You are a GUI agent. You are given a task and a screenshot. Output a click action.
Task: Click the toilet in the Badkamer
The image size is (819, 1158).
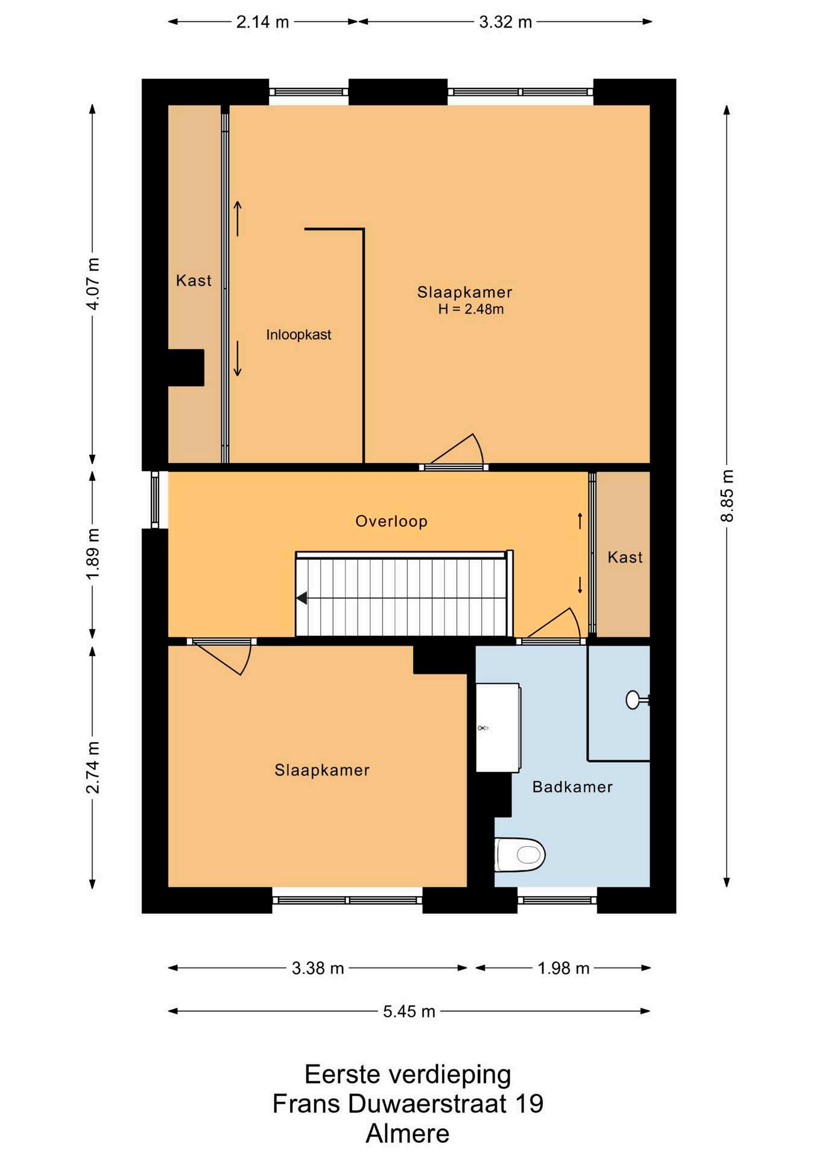(x=520, y=855)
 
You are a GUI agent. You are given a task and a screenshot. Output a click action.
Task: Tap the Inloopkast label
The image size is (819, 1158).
(x=299, y=335)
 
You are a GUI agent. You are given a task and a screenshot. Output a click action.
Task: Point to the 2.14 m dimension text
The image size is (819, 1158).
(x=262, y=22)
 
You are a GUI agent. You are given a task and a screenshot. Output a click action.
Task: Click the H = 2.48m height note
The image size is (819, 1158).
(x=471, y=309)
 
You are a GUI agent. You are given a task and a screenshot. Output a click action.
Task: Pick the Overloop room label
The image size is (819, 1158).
(x=391, y=521)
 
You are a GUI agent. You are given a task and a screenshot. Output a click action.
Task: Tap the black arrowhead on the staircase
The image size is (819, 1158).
(x=302, y=598)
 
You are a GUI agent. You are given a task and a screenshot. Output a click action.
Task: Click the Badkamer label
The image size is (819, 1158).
(x=572, y=786)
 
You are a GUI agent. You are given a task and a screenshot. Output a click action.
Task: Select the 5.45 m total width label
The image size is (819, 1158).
(x=409, y=1011)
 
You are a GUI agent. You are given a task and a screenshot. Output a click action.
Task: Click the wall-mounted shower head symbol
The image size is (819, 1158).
(x=637, y=700)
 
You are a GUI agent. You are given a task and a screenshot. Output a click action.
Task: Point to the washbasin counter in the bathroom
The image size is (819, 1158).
(x=498, y=727)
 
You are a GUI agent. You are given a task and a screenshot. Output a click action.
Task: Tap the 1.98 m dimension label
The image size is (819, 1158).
(x=563, y=968)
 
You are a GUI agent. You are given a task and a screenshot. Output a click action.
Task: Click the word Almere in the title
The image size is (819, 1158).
(x=408, y=1134)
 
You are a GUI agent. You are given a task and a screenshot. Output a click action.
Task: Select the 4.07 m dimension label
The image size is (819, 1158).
(x=92, y=283)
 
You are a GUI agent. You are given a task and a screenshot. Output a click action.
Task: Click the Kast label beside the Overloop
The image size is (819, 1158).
(x=625, y=557)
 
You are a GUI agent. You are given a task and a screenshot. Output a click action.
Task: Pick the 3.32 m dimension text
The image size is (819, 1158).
(x=505, y=22)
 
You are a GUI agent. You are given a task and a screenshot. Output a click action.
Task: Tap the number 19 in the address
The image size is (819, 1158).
(x=529, y=1104)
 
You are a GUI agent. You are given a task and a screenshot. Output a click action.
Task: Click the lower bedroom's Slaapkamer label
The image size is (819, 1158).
(x=322, y=770)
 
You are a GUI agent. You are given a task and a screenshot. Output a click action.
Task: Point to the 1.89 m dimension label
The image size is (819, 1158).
(x=92, y=554)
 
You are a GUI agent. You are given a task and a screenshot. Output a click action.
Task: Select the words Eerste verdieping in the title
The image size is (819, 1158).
(x=408, y=1075)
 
